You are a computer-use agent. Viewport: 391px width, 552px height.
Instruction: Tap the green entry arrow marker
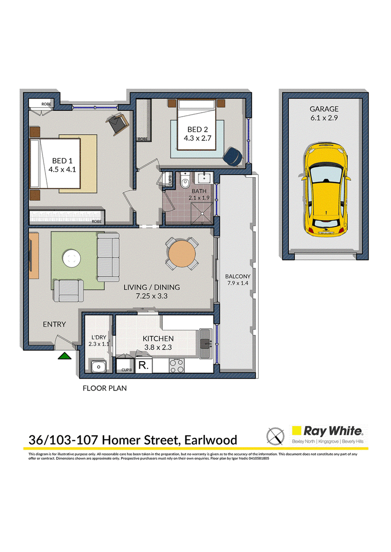(x=65, y=356)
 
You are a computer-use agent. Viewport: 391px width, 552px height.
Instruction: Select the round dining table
(x=182, y=253)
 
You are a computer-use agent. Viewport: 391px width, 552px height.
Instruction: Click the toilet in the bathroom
(x=184, y=181)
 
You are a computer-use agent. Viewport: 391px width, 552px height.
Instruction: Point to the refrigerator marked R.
(x=143, y=366)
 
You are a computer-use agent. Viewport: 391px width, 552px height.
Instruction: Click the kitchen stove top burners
(x=176, y=366)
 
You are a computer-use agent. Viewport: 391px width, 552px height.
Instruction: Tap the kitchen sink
(x=205, y=344)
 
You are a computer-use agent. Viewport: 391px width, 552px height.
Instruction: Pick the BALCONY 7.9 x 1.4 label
(x=238, y=280)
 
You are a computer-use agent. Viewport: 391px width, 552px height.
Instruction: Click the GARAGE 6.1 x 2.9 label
(x=324, y=113)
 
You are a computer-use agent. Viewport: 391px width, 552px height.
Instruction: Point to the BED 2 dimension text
(x=197, y=138)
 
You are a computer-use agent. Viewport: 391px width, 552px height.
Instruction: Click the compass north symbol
(x=275, y=436)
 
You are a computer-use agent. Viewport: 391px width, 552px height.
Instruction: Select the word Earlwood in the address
(x=211, y=440)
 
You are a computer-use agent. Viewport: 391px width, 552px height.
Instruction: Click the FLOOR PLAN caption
(x=105, y=388)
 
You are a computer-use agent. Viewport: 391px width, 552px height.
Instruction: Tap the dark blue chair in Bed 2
(x=233, y=156)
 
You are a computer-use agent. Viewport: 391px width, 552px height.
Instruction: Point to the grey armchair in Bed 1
(x=117, y=123)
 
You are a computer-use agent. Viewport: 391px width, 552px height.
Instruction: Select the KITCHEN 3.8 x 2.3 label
(x=158, y=343)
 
